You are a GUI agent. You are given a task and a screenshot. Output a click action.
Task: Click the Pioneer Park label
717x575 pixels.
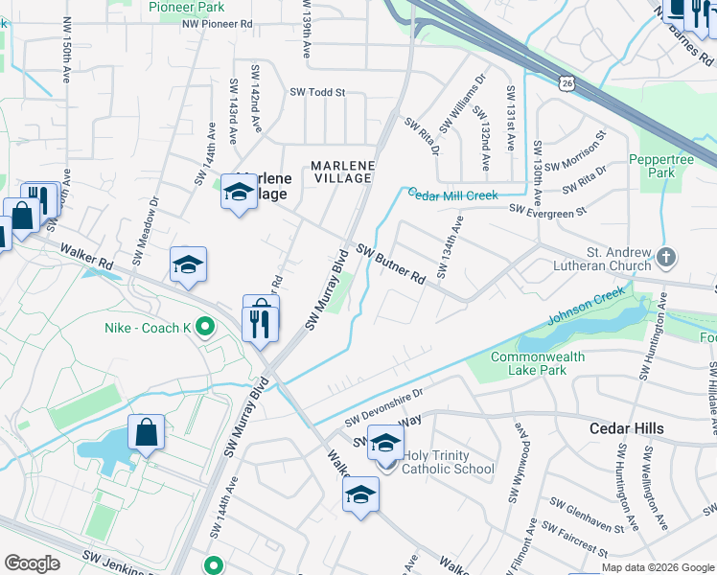(187, 6)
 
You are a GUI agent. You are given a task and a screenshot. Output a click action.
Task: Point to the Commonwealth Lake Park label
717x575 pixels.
(538, 364)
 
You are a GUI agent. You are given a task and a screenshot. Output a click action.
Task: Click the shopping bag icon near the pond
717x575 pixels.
(147, 432)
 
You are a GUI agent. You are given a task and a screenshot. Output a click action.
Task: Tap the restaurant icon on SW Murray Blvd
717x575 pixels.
(260, 318)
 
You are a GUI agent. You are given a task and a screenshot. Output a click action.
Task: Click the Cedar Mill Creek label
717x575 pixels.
(453, 195)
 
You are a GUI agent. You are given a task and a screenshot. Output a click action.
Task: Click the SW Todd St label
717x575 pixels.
(316, 93)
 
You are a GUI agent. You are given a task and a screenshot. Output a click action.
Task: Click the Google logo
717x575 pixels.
(32, 563)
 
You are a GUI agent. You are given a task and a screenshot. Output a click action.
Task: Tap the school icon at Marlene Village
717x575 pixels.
(239, 191)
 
